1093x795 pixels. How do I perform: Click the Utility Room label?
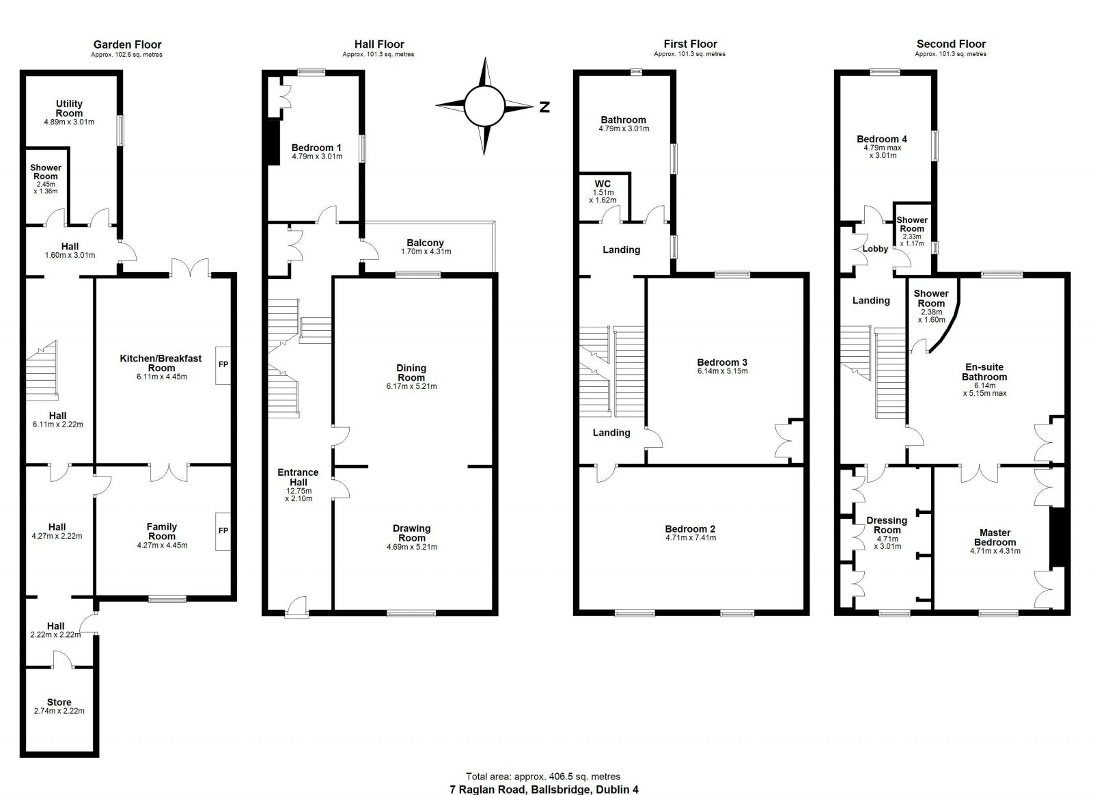click(69, 109)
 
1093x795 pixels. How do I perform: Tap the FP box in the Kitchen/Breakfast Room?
click(223, 365)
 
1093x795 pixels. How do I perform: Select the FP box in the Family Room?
click(223, 531)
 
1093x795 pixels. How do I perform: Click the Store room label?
click(59, 702)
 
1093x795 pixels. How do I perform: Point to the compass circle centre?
click(484, 106)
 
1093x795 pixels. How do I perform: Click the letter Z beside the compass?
click(544, 107)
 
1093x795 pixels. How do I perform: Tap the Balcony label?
click(426, 243)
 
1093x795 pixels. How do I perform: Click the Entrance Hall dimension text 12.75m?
click(299, 491)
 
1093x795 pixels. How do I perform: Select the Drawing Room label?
click(412, 533)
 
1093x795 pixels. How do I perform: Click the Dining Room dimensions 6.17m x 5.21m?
click(412, 386)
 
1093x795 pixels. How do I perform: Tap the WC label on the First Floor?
click(603, 184)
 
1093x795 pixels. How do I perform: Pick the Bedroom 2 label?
click(691, 529)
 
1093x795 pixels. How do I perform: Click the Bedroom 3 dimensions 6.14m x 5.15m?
click(723, 371)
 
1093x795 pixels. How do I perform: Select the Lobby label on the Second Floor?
click(875, 249)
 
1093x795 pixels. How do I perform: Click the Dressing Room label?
click(887, 525)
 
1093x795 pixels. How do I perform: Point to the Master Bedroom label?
click(995, 537)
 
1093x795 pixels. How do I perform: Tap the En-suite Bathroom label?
click(984, 372)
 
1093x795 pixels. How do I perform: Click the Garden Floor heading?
click(127, 44)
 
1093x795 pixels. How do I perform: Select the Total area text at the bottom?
click(543, 777)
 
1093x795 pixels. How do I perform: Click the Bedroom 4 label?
click(882, 139)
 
